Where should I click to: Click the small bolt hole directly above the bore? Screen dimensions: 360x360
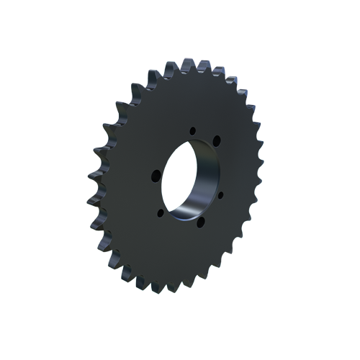(x=192, y=130)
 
